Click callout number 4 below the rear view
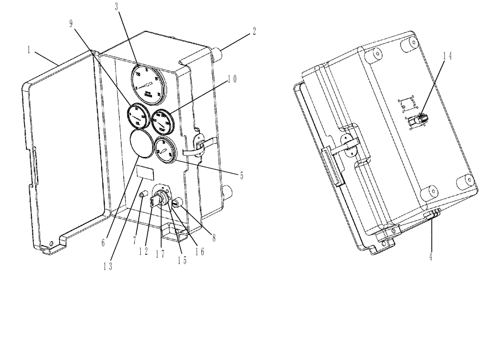(430, 256)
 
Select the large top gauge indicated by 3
(147, 81)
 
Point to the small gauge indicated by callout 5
(164, 147)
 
